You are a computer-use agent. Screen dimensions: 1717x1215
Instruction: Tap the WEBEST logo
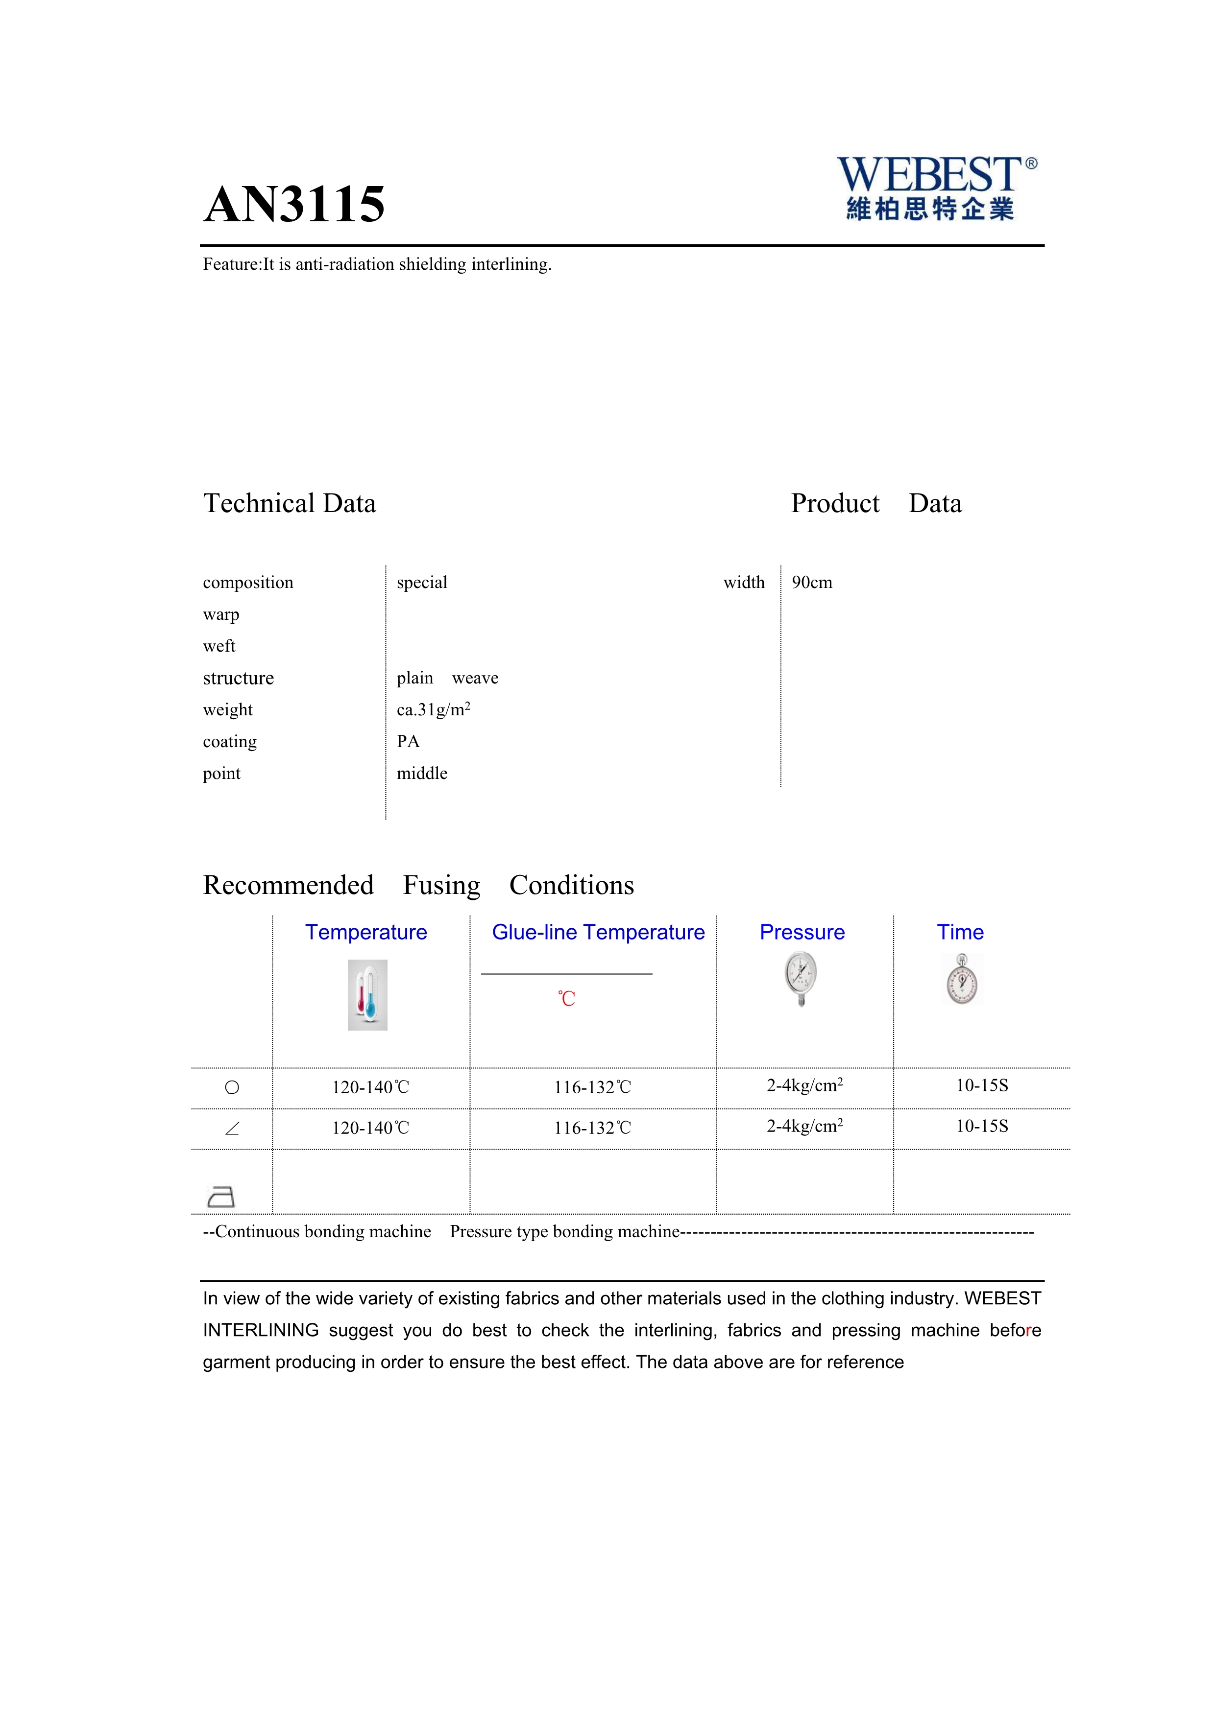pos(935,188)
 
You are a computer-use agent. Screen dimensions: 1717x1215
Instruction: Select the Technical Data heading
pos(290,503)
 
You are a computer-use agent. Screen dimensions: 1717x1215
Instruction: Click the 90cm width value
pos(812,583)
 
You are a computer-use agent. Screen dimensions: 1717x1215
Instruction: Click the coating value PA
pos(408,741)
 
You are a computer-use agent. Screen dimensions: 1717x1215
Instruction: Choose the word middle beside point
pos(422,773)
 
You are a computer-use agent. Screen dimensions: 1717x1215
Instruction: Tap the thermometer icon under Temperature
pos(367,994)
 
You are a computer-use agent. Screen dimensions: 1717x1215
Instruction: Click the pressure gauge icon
pos(801,978)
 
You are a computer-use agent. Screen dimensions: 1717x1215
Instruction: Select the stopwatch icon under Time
pos(962,979)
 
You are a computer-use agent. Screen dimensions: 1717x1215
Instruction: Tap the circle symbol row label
pos(232,1087)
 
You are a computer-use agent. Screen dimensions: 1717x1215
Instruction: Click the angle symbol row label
pos(232,1129)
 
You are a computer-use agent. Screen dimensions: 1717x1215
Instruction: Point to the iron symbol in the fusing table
pos(220,1197)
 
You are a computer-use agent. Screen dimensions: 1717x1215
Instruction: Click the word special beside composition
pos(422,583)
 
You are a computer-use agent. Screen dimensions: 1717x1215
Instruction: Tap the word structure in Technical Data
pos(238,678)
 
